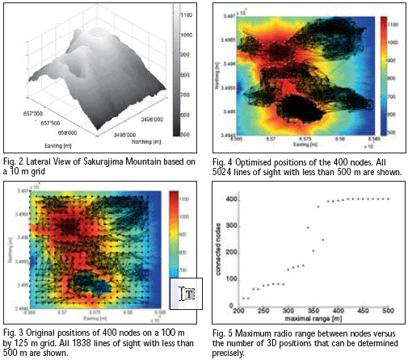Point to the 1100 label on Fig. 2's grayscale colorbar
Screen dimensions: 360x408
point(185,15)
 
